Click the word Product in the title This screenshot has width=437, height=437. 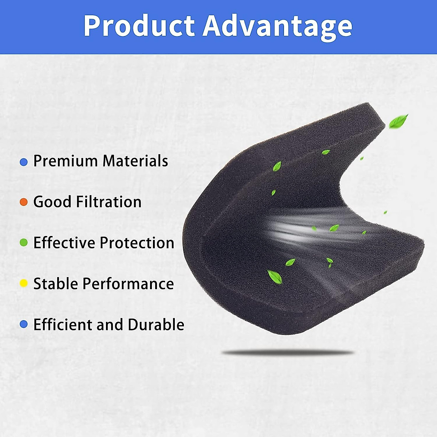point(139,25)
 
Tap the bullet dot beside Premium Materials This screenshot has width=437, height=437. point(24,162)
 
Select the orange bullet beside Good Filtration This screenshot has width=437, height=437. point(24,202)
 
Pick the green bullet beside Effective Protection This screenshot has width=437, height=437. point(24,243)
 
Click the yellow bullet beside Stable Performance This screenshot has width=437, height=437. point(24,283)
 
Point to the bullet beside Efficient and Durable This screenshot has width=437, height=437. point(24,324)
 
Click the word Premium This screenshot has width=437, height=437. point(66,161)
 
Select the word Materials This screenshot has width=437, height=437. point(135,161)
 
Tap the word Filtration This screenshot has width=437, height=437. point(109,202)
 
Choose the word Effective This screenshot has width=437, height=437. point(64,243)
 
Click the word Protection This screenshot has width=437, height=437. point(137,243)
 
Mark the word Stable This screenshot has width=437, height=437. point(56,283)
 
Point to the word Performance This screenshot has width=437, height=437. point(128,283)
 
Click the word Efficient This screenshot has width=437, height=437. point(63,324)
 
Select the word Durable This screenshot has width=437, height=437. point(156,324)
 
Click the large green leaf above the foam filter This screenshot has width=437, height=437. point(398,122)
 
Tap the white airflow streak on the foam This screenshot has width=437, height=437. point(302,229)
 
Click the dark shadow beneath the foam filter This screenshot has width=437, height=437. point(288,353)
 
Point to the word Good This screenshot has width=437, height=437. point(52,202)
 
